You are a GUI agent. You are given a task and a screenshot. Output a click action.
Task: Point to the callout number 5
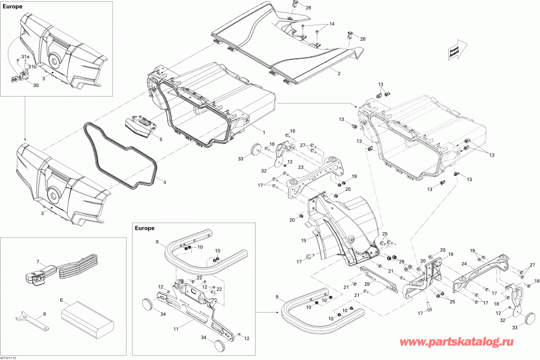click(161, 139)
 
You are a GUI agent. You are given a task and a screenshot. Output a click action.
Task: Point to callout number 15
click(304, 241)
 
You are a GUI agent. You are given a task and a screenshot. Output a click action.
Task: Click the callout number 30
click(35, 86)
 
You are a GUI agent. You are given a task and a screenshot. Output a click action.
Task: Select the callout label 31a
click(25, 56)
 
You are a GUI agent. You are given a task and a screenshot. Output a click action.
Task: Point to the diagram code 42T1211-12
click(13, 357)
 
